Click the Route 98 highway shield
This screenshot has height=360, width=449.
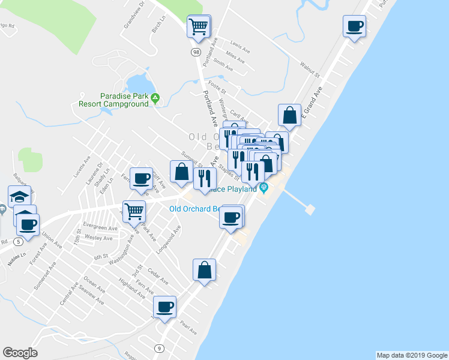coord(196,53)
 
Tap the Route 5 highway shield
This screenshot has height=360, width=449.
coord(20,241)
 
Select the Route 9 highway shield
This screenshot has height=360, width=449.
coord(159,348)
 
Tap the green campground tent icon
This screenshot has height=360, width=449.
coord(155,98)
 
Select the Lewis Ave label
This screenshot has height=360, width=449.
coord(240,45)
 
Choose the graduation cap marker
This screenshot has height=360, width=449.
coord(19,196)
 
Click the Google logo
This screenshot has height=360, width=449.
coord(20,353)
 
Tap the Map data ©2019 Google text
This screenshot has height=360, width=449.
coord(411,355)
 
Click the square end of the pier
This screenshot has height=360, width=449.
coord(310,209)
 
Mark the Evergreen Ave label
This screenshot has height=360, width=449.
coord(101,228)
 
